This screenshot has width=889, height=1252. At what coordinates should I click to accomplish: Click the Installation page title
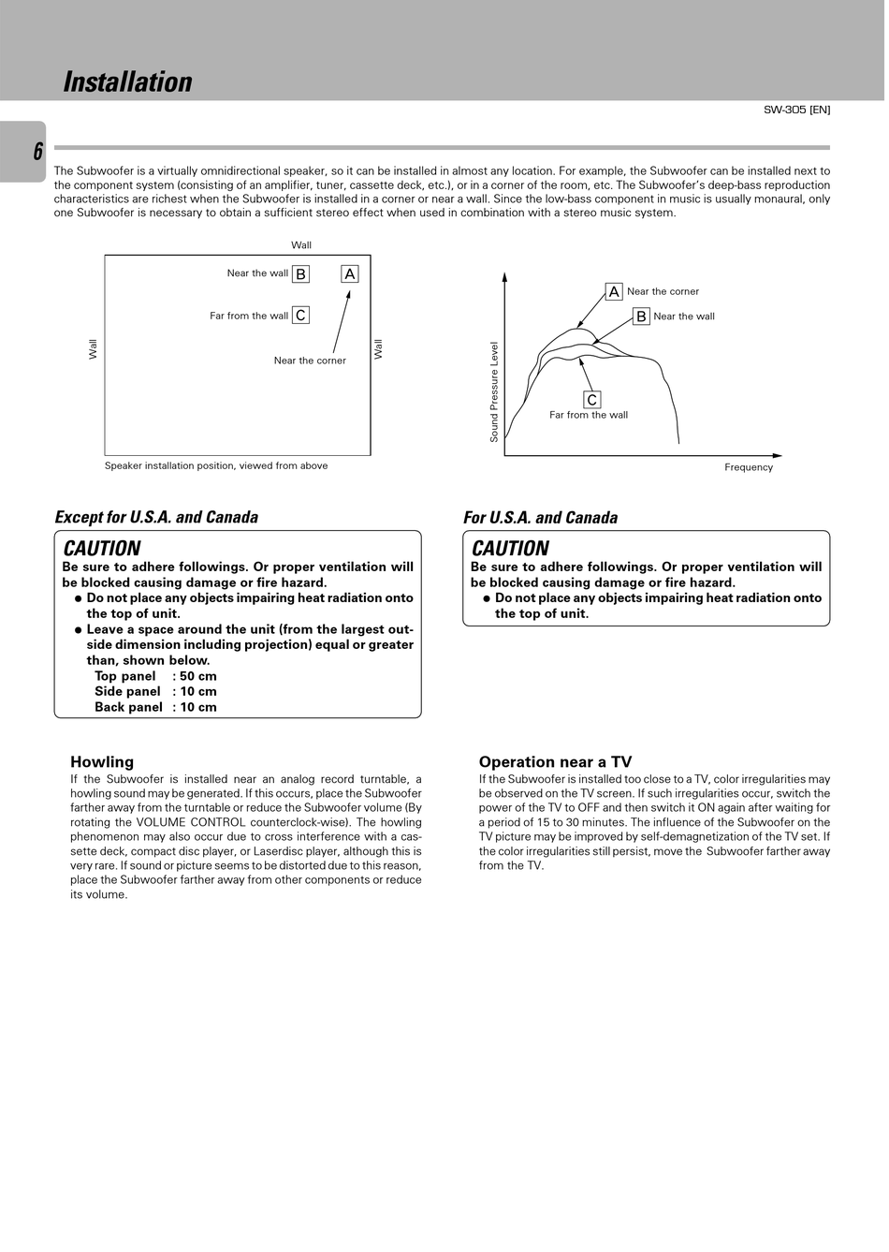tap(127, 82)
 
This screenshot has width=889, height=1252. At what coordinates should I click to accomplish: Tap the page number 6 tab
tap(37, 152)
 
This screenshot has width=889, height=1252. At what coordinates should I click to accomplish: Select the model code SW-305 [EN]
tap(796, 110)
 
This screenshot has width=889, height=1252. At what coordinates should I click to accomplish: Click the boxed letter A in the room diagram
tap(350, 274)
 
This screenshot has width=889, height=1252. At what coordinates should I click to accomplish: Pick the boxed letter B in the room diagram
tap(300, 274)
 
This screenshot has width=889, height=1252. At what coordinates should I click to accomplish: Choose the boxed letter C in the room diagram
tap(300, 316)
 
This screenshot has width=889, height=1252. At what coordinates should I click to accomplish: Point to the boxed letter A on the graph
tap(614, 292)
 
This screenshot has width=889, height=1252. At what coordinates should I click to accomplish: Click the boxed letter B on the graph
tap(641, 317)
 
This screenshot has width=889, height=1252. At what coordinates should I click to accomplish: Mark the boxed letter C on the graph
tap(591, 400)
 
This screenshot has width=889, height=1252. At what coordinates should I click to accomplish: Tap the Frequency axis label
tap(749, 467)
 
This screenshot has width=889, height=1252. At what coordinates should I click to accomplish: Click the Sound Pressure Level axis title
tap(494, 391)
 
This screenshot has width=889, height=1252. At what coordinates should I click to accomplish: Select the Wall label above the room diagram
tap(301, 245)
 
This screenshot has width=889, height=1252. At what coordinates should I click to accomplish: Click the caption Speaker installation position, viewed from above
tap(216, 465)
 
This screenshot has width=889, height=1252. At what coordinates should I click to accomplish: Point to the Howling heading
tap(102, 762)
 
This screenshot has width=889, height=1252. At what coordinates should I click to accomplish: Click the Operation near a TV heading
tap(555, 762)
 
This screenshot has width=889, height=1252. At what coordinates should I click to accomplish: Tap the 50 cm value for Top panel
tap(198, 676)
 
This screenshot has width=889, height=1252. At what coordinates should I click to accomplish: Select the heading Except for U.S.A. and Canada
tap(156, 517)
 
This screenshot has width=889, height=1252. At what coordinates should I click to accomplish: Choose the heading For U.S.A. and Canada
tap(540, 518)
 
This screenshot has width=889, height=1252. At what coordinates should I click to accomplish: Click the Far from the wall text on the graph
tap(589, 415)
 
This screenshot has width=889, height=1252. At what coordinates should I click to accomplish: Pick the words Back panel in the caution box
tap(128, 707)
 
